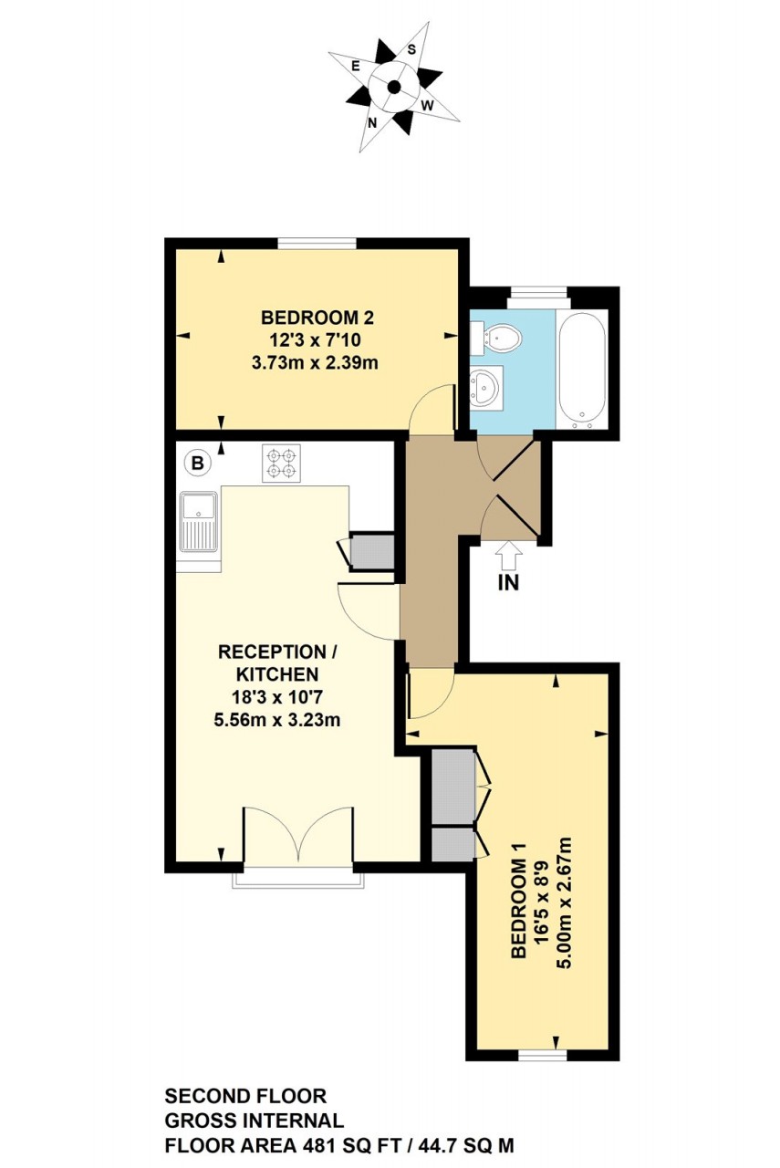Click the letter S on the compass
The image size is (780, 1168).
pyautogui.click(x=411, y=49)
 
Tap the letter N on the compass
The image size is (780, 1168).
pyautogui.click(x=373, y=122)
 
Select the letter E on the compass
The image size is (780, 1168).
pyautogui.click(x=356, y=66)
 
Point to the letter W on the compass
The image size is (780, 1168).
pyautogui.click(x=427, y=106)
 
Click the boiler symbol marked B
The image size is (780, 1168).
pyautogui.click(x=196, y=463)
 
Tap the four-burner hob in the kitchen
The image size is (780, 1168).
pyautogui.click(x=281, y=463)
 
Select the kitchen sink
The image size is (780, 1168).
pyautogui.click(x=199, y=522)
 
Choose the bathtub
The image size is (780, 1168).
pyautogui.click(x=581, y=370)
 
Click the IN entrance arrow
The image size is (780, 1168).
pyautogui.click(x=508, y=555)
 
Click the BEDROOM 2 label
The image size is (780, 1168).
pyautogui.click(x=317, y=318)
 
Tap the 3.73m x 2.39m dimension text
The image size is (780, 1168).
pyautogui.click(x=315, y=362)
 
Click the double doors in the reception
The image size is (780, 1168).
pyautogui.click(x=298, y=835)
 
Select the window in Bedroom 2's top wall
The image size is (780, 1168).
pyautogui.click(x=317, y=243)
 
